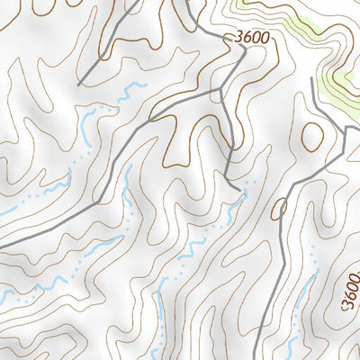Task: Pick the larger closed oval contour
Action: click(313, 135)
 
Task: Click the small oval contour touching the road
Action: click(279, 209)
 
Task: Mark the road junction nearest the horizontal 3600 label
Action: click(221, 90)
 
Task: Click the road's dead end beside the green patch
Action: click(312, 79)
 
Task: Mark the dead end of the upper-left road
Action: click(80, 85)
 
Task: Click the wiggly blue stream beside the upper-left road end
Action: click(131, 91)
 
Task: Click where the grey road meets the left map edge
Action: click(2, 246)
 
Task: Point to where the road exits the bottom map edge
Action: click(255, 357)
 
